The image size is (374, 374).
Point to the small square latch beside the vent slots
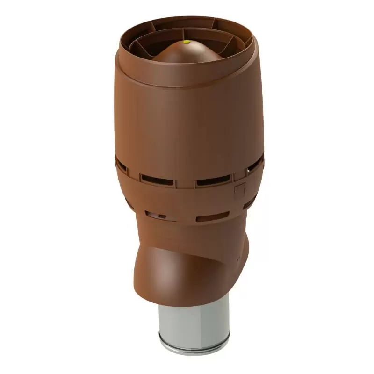coord(240,190)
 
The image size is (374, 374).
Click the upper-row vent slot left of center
coord(157,180)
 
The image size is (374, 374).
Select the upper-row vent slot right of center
coord(213,180)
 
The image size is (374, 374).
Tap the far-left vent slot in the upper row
coord(121,164)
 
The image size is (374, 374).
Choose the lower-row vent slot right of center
coord(212,217)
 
